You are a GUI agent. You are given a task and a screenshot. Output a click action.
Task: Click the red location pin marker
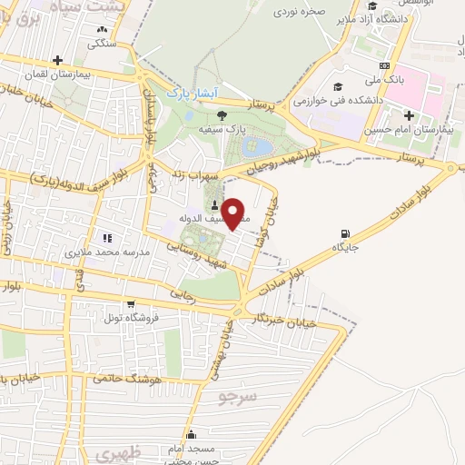tap(234, 213)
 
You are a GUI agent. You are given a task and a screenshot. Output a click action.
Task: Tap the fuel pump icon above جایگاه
tap(346, 233)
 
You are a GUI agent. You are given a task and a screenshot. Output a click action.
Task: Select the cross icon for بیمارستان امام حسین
tap(410, 115)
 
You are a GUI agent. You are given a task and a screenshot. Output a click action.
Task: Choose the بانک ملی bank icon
tap(384, 65)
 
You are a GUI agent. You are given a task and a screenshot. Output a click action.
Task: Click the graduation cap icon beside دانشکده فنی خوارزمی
tap(339, 87)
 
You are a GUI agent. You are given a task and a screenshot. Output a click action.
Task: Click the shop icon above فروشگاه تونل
tap(131, 304)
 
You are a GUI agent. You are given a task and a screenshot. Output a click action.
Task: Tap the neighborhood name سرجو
tap(239, 397)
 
